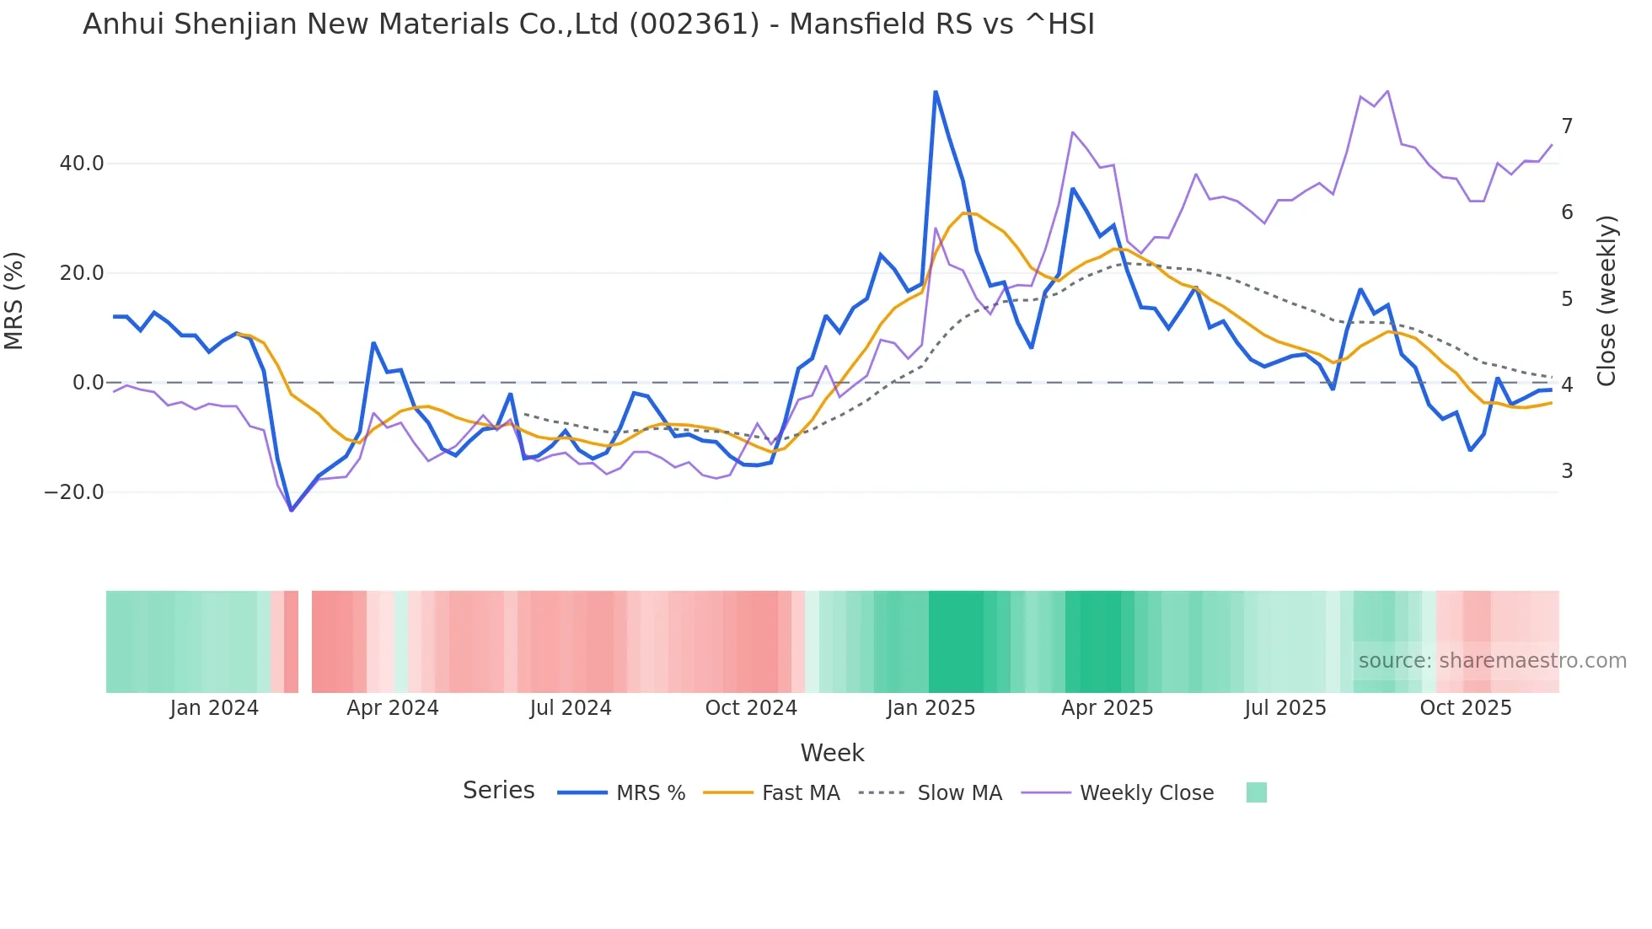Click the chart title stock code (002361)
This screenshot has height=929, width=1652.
pos(694,24)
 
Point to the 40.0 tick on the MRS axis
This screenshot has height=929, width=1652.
pos(82,164)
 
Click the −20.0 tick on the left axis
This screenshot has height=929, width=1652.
pos(74,492)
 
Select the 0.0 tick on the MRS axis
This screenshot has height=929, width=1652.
pos(88,383)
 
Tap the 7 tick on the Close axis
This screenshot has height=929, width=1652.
pos(1567,126)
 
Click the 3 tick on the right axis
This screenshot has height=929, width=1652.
pos(1567,471)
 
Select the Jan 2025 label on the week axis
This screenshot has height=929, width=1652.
pos(931,708)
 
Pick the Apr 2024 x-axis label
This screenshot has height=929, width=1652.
pos(393,708)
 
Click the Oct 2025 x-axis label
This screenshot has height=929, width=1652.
pos(1466,708)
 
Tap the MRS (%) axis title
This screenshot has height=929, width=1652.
pos(14,300)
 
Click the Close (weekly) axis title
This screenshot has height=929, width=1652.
pos(1607,300)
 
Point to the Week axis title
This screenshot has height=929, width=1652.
pos(832,753)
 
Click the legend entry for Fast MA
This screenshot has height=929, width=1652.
pos(800,793)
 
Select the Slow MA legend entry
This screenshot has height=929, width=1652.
pos(959,793)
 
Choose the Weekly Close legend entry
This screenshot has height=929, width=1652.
pos(1146,793)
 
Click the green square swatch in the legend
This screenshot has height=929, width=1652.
pos(1256,792)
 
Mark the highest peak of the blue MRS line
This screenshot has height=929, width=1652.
pos(936,92)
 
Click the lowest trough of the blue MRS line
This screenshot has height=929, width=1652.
pos(292,510)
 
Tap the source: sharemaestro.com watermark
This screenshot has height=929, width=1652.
pos(1492,661)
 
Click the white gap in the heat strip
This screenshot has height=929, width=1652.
pos(305,642)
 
